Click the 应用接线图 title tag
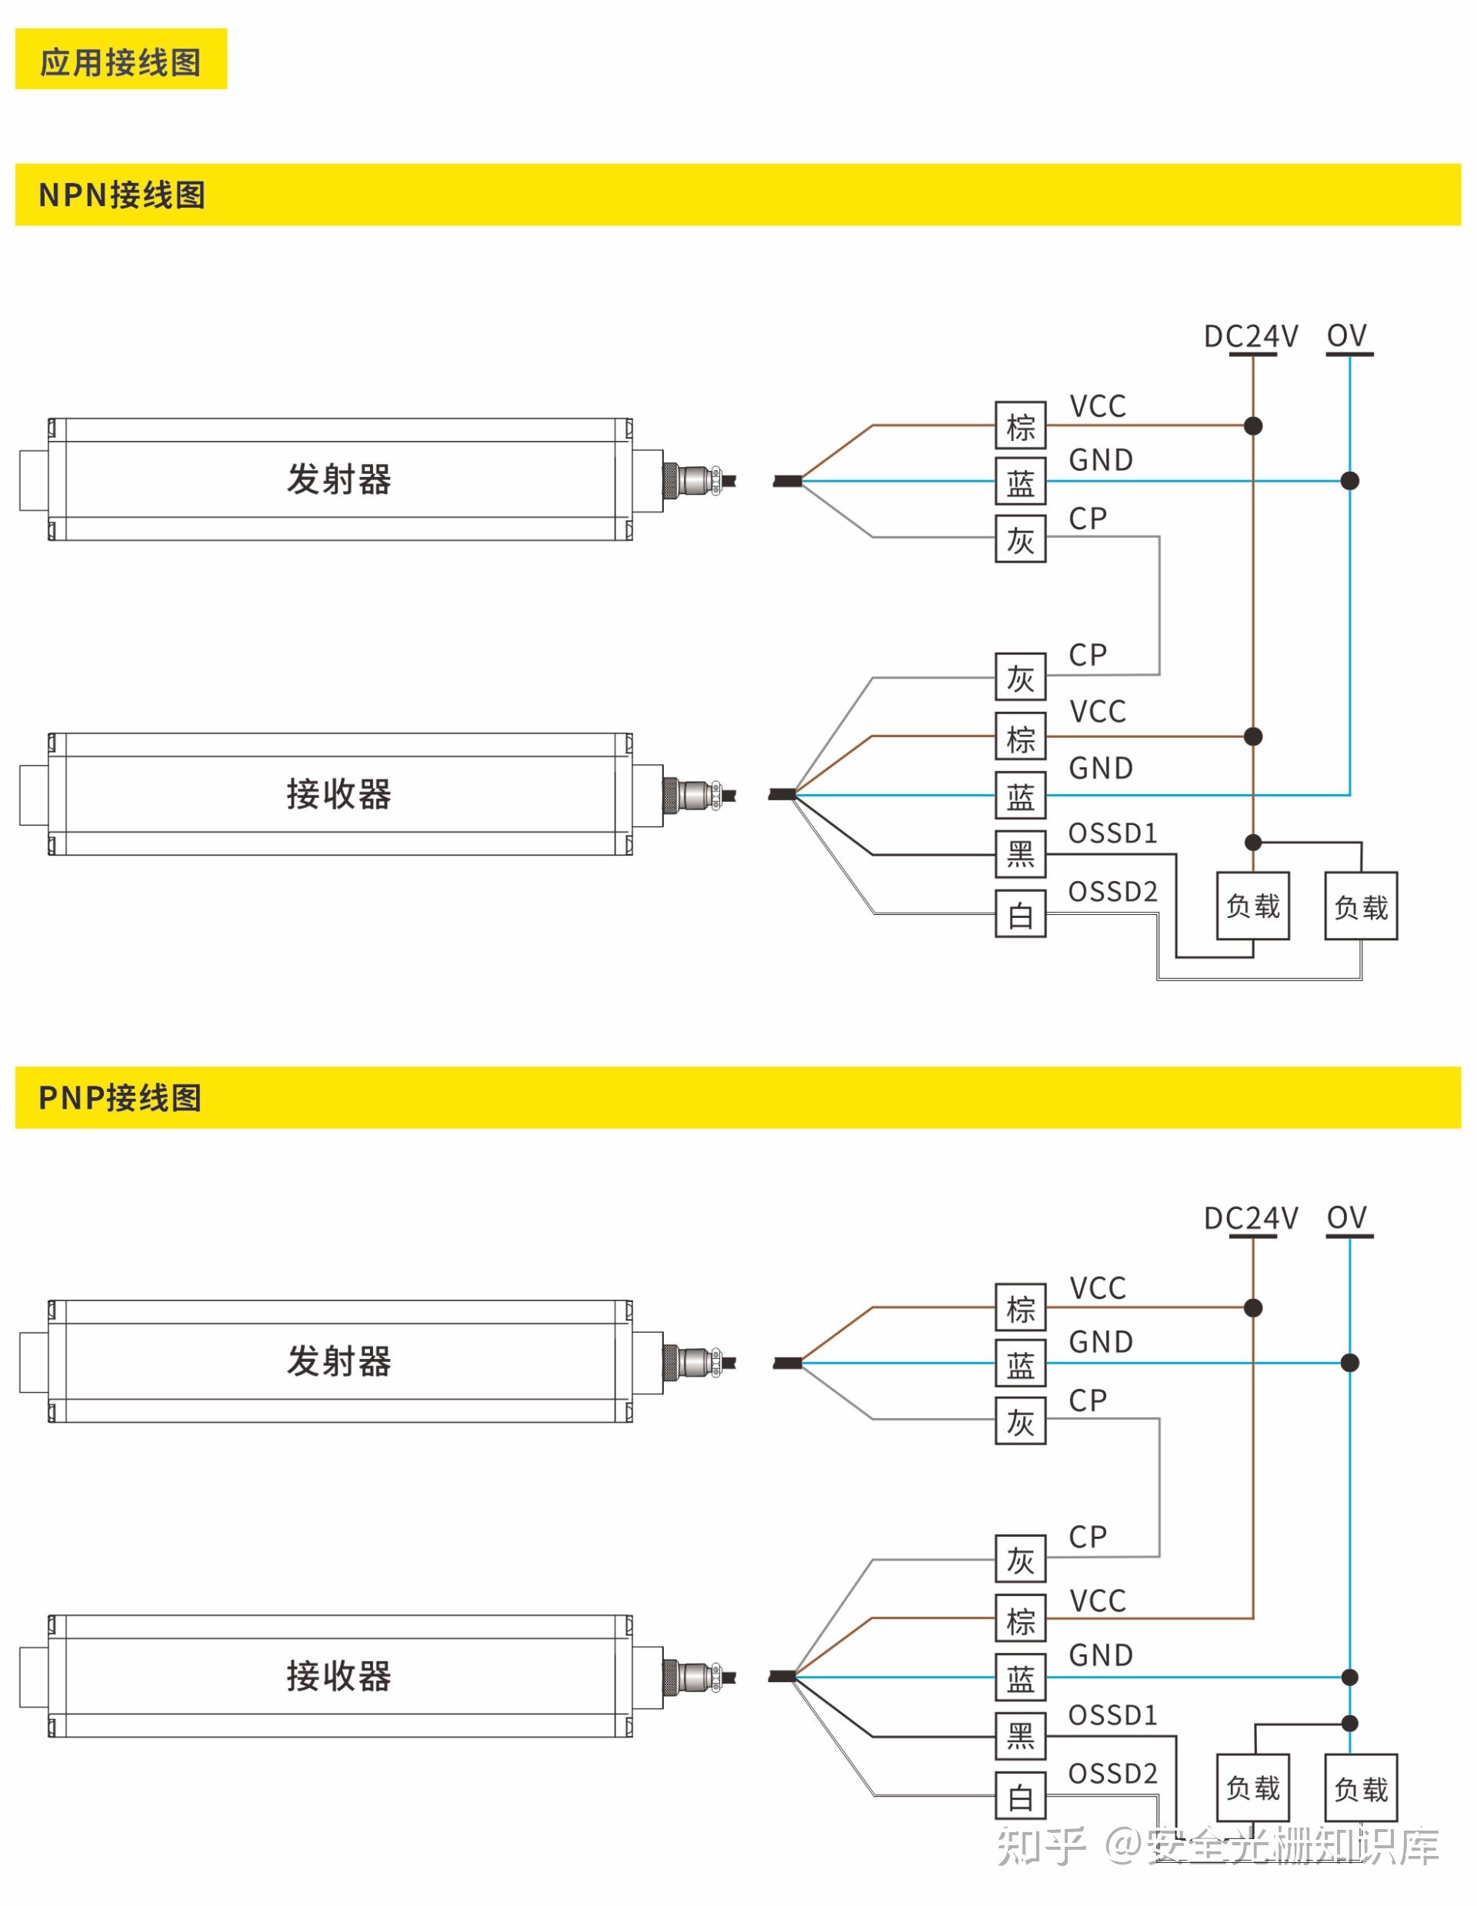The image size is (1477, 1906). point(121,59)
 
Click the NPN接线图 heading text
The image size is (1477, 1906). point(122,195)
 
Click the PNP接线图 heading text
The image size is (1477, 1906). point(121,1097)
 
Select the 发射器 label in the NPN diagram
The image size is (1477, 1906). point(338,479)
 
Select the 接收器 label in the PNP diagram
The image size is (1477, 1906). point(338,1674)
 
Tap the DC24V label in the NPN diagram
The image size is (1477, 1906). point(1250,336)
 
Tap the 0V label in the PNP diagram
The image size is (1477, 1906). point(1346,1217)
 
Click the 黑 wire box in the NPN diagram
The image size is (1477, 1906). point(1020,853)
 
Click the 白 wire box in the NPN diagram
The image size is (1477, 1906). point(1020,913)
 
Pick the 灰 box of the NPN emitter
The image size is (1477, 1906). point(1020,539)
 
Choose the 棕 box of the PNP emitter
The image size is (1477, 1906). point(1020,1307)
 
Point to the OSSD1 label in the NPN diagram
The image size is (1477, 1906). point(1112,833)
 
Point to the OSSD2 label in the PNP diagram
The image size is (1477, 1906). point(1112,1772)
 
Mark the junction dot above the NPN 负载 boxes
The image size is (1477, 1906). point(1253,842)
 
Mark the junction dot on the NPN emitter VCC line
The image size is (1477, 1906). point(1253,426)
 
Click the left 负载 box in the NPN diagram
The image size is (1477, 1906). point(1253,906)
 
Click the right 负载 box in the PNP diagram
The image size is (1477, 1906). point(1360,1788)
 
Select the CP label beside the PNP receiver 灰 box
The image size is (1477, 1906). point(1087,1535)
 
